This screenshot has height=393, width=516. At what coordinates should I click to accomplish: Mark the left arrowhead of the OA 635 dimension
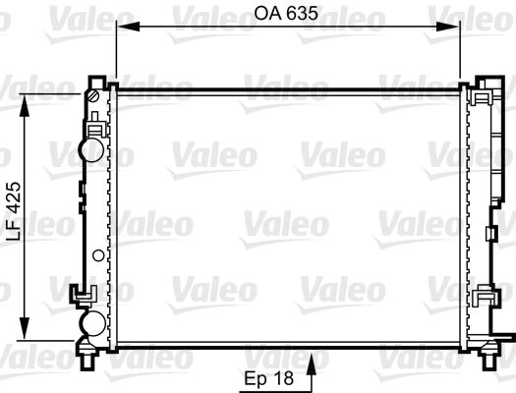(122, 30)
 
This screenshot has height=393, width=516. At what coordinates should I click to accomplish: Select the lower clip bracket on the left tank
(83, 293)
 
